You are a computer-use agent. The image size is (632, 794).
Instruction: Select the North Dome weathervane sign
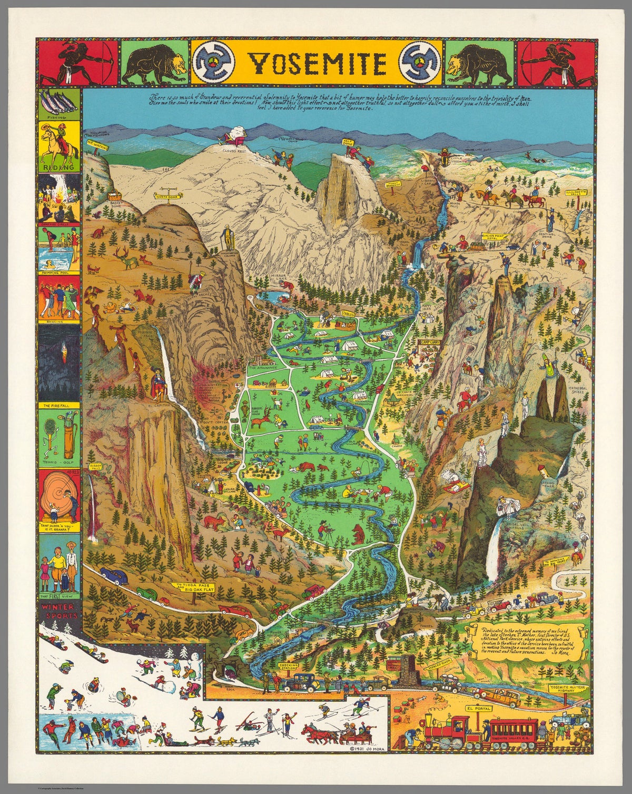(x=164, y=196)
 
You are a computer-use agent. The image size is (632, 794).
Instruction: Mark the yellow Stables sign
(x=348, y=313)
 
